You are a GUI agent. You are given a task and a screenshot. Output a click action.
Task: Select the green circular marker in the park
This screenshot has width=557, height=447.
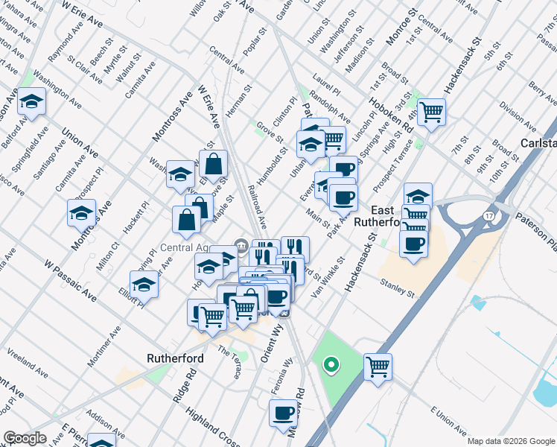331,365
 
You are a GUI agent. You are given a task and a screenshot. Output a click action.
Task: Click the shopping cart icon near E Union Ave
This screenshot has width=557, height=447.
378,366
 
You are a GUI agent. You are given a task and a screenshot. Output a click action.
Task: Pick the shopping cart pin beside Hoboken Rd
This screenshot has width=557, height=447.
431,112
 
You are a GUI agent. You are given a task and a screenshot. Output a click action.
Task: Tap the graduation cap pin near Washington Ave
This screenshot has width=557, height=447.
31,102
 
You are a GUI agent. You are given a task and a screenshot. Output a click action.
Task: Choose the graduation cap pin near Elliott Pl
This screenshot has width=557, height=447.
144,284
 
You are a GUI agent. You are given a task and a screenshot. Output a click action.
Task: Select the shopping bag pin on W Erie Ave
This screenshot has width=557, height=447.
213,164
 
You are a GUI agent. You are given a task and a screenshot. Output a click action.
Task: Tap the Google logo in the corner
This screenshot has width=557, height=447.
25,438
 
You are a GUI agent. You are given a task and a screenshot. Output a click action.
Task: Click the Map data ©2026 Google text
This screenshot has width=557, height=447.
510,441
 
